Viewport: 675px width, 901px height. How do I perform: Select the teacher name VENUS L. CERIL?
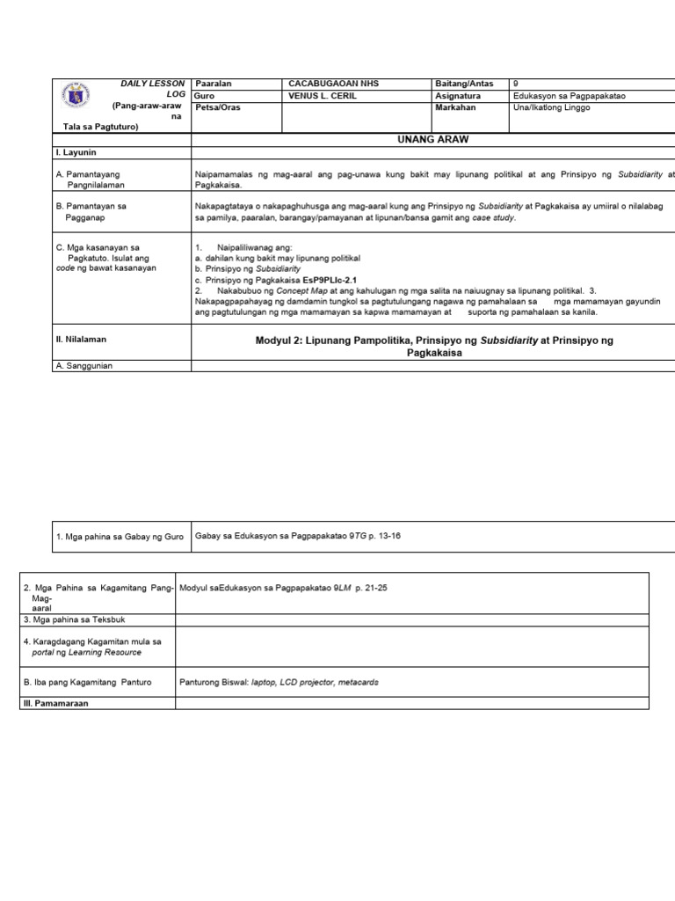[x=323, y=95]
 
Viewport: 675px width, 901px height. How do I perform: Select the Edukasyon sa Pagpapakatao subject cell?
[x=571, y=95]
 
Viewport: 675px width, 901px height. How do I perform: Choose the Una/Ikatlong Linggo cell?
[x=555, y=107]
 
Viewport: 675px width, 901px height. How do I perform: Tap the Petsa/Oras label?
[x=217, y=107]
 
